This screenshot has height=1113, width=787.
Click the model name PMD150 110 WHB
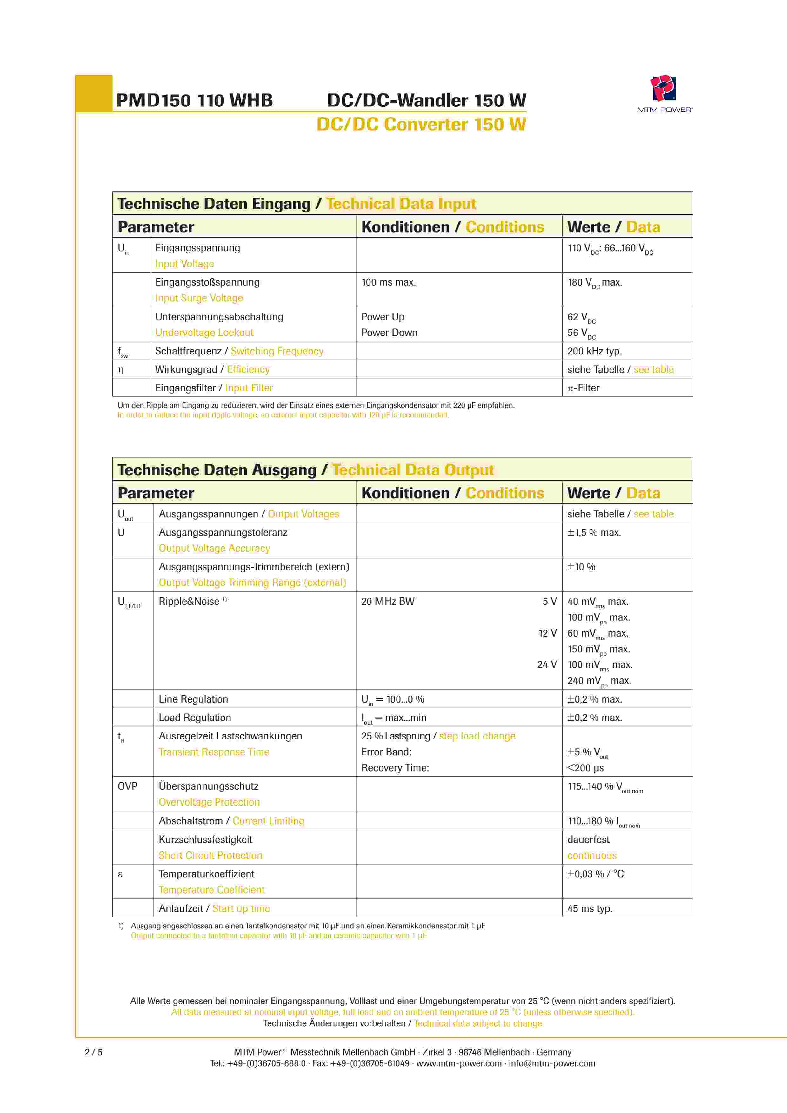[194, 100]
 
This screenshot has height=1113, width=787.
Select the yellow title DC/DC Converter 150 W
[421, 125]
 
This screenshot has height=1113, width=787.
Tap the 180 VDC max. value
[595, 283]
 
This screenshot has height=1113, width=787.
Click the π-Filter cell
[584, 388]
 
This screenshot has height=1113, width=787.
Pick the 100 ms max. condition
[389, 282]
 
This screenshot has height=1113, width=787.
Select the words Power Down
[389, 333]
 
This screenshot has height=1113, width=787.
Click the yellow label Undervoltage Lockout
[204, 333]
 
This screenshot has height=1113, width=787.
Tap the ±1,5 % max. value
[594, 532]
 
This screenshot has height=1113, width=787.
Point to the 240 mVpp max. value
[599, 681]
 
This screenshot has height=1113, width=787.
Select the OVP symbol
[127, 786]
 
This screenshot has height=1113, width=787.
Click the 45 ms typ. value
[590, 908]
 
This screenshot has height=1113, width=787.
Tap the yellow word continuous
[592, 856]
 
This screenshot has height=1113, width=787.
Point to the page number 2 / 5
[94, 1052]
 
